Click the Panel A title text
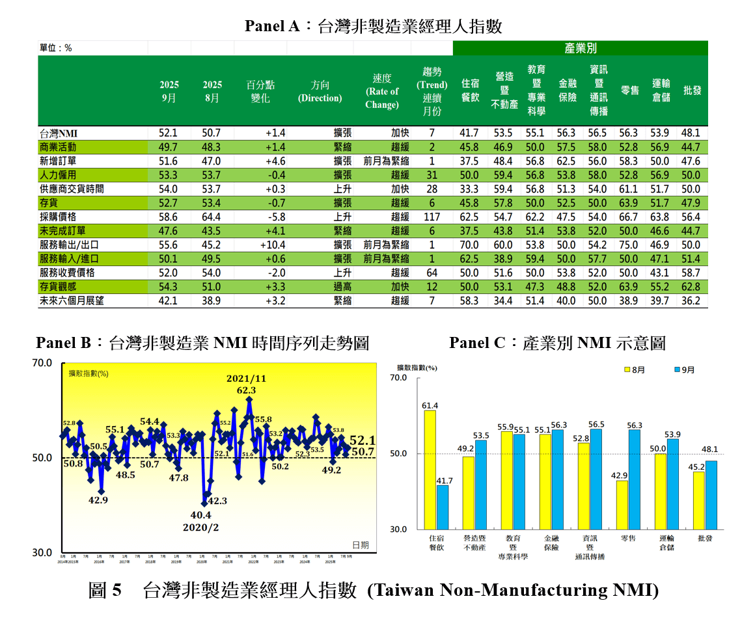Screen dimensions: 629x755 click(x=373, y=26)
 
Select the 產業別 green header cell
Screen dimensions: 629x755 click(x=580, y=48)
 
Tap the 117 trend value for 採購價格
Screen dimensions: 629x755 click(x=432, y=217)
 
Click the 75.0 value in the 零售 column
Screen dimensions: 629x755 click(x=629, y=245)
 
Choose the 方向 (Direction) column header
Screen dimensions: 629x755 click(x=320, y=91)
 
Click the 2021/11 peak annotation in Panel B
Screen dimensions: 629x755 click(x=247, y=379)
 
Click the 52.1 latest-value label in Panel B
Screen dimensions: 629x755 click(x=362, y=440)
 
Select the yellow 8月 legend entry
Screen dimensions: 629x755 click(x=634, y=369)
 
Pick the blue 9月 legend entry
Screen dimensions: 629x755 click(x=684, y=369)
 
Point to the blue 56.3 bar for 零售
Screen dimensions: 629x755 click(x=635, y=479)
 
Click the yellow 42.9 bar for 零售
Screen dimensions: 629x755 click(x=622, y=505)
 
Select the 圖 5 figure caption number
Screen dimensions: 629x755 click(x=105, y=591)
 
